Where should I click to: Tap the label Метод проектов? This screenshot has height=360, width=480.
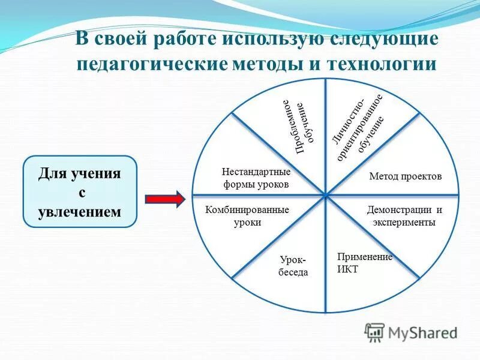[405, 176]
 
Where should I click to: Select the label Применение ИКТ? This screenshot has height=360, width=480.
[364, 263]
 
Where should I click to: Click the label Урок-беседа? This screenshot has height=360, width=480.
[293, 266]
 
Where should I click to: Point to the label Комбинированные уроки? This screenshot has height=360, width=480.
[247, 216]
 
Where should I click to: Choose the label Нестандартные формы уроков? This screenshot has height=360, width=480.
[256, 178]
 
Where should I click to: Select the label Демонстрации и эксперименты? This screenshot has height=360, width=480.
[404, 216]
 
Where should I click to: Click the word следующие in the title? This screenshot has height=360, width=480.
[382, 40]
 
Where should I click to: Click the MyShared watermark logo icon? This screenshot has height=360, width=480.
[374, 332]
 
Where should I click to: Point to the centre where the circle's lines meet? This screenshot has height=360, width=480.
[325, 195]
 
